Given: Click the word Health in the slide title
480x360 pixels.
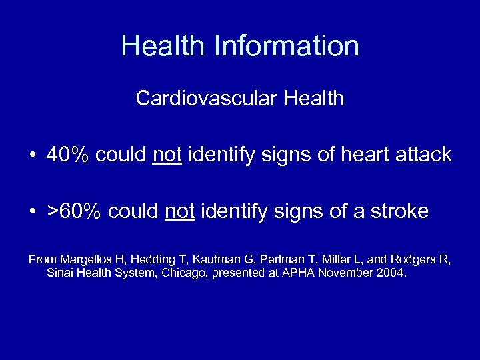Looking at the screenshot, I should (x=162, y=46).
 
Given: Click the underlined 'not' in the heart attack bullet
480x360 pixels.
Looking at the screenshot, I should (x=167, y=155).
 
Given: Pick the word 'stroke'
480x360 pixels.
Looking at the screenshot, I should (x=398, y=212).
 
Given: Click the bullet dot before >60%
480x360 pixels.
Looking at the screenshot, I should (x=32, y=213).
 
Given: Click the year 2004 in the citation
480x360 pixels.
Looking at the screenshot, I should (x=389, y=273).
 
